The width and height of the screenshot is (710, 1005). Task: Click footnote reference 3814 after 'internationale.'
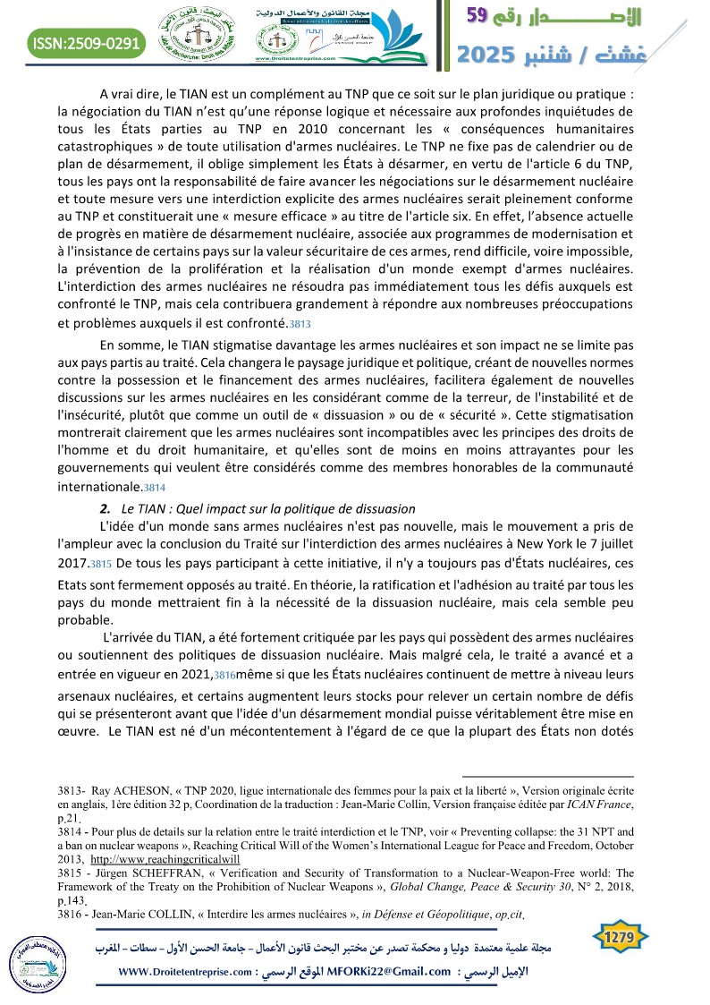155,489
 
